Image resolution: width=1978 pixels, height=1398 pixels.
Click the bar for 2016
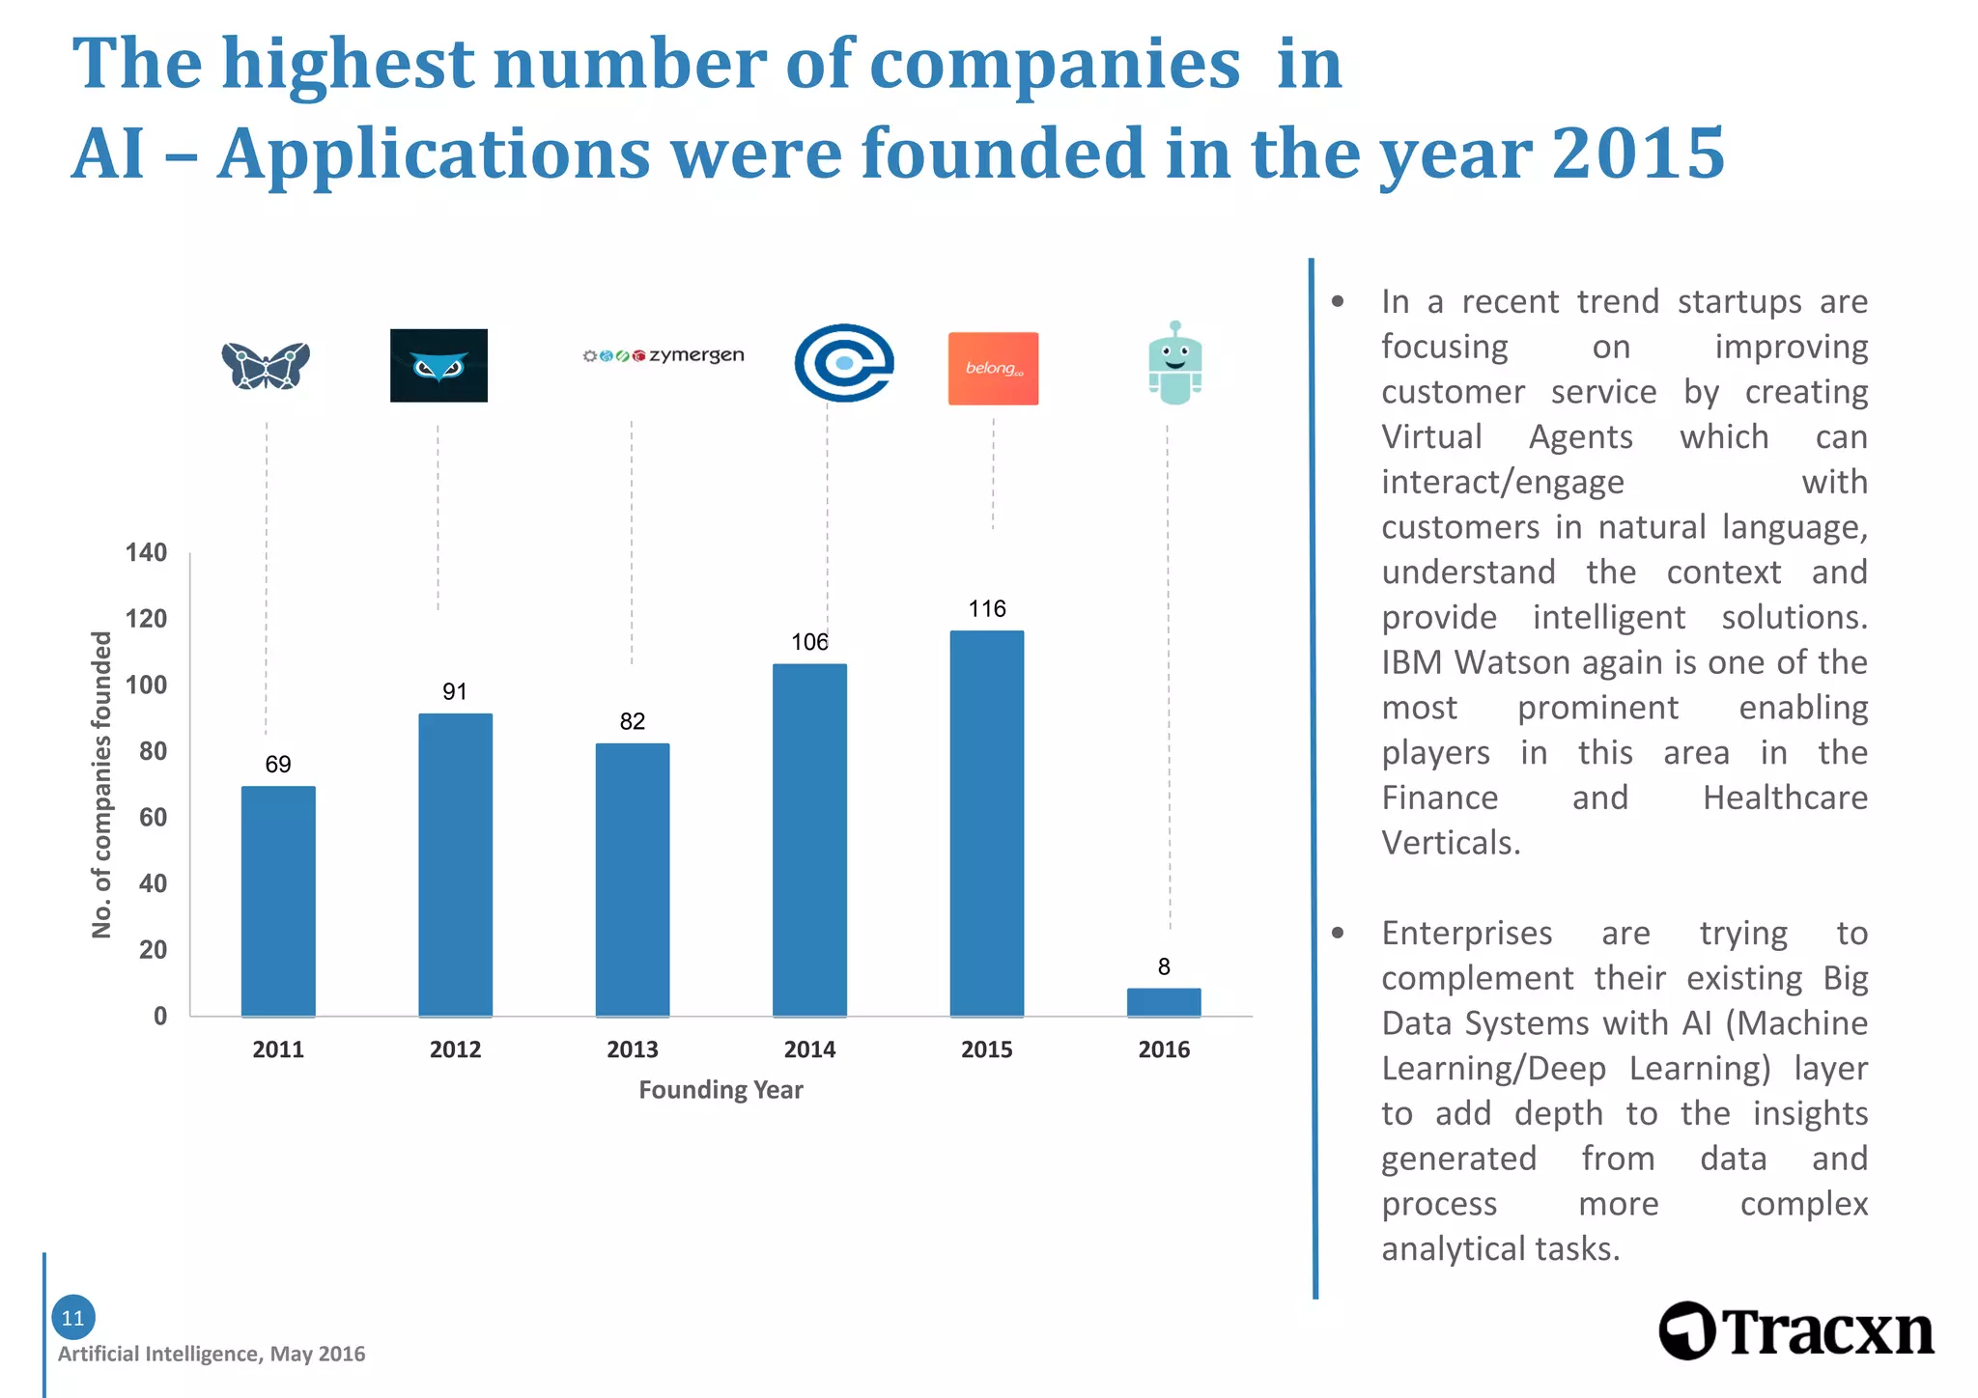tap(1164, 1002)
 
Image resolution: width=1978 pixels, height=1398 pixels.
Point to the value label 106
tap(809, 642)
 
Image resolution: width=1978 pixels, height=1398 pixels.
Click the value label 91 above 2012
tap(454, 691)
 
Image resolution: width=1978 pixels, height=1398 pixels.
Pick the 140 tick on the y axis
tap(146, 552)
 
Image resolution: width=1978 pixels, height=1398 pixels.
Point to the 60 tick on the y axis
tap(153, 817)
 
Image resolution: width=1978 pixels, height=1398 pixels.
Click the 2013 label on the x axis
tap(632, 1049)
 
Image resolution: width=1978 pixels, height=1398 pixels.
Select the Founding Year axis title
tap(721, 1090)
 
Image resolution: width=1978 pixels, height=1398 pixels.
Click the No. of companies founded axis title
tap(101, 784)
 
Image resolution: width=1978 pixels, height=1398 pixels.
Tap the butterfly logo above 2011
tap(266, 365)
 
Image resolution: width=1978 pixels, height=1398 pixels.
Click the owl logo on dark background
tap(438, 365)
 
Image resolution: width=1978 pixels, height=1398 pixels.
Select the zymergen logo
tap(664, 355)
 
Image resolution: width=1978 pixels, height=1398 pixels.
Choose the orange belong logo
tap(993, 368)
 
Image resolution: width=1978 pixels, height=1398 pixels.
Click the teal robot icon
tap(1174, 363)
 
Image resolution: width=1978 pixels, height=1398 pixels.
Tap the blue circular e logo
tap(843, 363)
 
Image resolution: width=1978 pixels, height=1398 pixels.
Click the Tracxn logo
tap(1795, 1331)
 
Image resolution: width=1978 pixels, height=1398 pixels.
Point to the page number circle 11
tap(72, 1317)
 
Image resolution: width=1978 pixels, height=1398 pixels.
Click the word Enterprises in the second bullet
tap(1466, 933)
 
